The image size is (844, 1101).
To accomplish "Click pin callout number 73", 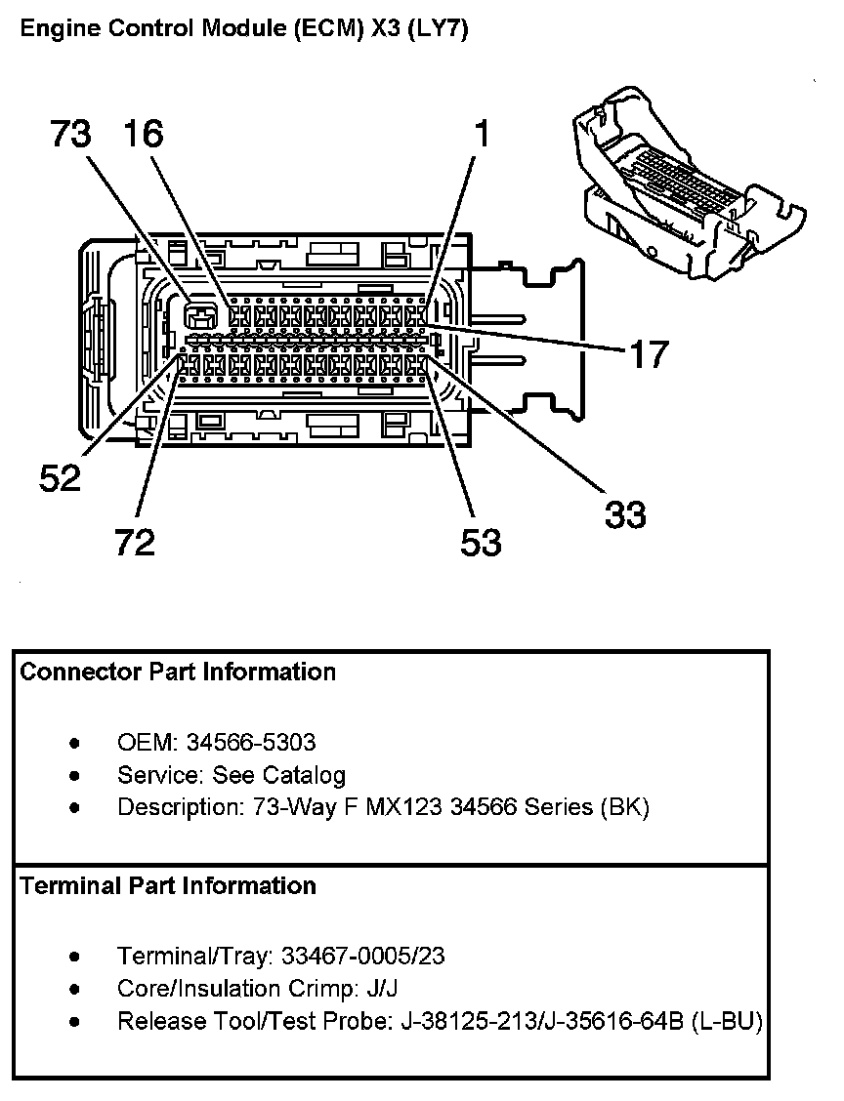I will coord(70,135).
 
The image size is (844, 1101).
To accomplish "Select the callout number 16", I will coord(144,135).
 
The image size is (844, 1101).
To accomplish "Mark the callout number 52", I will coord(60,478).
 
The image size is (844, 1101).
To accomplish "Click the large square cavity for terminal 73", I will coord(200,314).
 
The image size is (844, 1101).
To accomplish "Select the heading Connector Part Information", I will coord(178,672).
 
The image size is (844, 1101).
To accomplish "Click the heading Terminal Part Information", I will coord(168,885).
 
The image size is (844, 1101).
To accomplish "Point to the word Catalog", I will coord(309,775).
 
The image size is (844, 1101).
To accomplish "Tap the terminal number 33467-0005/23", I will coord(362,956).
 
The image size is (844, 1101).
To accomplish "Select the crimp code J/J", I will coord(381,989).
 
